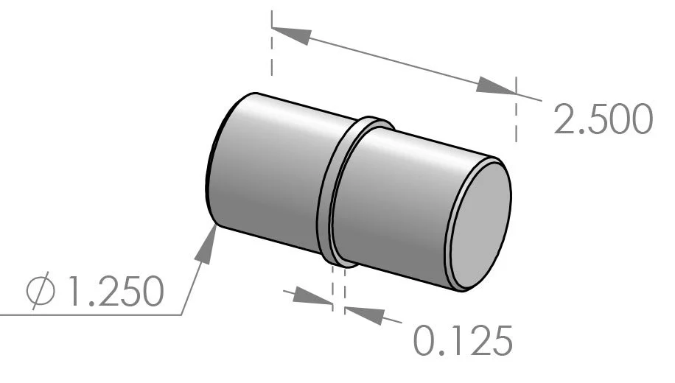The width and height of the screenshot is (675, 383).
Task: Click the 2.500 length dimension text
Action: click(603, 122)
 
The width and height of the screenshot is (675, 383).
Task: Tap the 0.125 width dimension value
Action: click(461, 340)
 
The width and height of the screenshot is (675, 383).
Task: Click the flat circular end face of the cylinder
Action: click(480, 225)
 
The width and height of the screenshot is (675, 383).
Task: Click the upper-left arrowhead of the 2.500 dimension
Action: click(292, 35)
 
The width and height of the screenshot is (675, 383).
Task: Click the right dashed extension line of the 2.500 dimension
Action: click(516, 118)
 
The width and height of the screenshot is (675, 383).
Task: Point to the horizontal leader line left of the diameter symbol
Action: click(15, 315)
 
